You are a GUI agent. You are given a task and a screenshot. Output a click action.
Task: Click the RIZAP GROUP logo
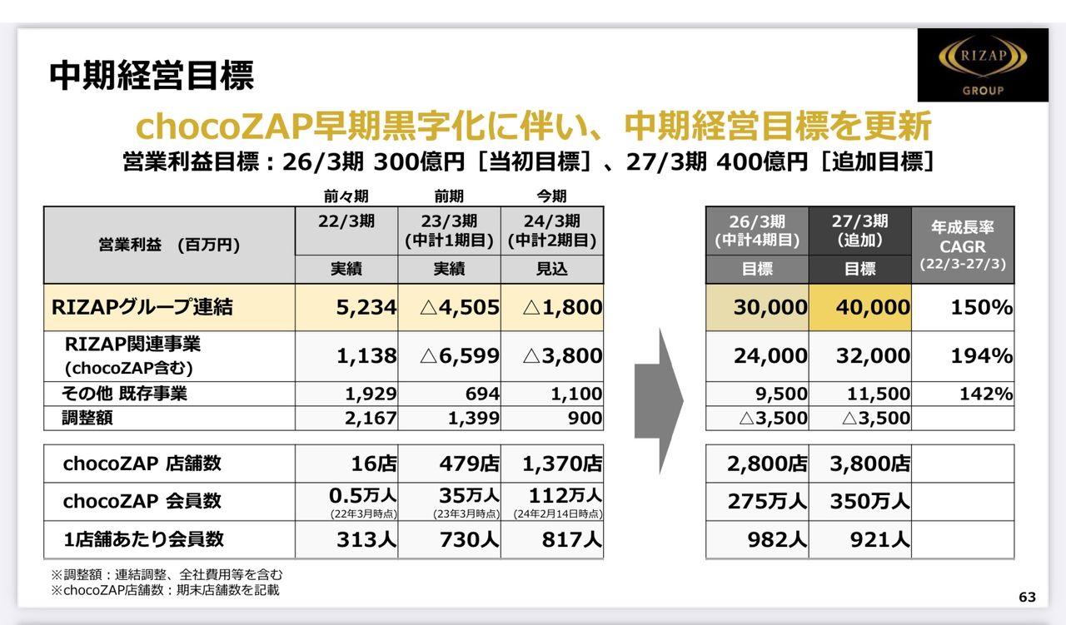pos(983,65)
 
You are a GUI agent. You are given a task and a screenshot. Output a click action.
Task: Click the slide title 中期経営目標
pos(152,75)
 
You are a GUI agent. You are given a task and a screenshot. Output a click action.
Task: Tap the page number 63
pos(1027,597)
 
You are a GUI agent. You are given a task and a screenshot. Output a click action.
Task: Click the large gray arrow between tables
pos(659,400)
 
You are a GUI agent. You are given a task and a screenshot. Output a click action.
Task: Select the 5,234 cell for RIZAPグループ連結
pos(366,307)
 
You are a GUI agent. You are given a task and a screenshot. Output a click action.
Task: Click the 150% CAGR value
pos(981,307)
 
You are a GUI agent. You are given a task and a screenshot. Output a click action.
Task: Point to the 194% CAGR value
pos(981,356)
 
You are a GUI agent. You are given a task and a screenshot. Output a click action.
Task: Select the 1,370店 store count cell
pos(562,463)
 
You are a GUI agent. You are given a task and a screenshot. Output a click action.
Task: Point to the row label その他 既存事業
pos(124,394)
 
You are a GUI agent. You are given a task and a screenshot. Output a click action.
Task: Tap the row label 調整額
pos(87,418)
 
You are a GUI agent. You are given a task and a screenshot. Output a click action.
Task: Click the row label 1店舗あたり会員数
pos(143,539)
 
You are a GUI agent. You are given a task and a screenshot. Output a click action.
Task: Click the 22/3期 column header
pos(346,221)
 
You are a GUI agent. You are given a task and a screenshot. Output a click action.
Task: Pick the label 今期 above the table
pos(551,196)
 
